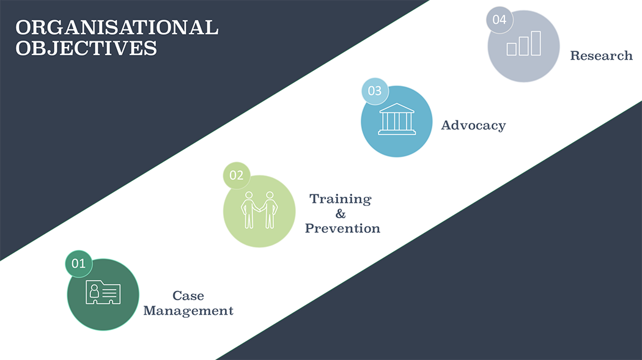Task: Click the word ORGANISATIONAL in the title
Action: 117,28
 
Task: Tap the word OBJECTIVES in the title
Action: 86,48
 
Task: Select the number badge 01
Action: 79,263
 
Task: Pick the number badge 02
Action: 236,175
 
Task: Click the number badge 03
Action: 375,91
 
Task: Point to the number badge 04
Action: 500,20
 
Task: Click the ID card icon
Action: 103,292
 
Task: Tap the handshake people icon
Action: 259,210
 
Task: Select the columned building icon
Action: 397,119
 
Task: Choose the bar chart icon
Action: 523,43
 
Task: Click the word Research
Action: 602,56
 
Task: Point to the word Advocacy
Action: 473,125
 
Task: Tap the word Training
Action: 340,199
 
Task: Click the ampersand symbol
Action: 341,213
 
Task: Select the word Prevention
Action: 342,228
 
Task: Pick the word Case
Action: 188,295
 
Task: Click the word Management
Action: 188,311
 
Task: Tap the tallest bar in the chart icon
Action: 536,43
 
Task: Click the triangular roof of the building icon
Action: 397,108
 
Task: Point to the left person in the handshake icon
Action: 248,210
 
